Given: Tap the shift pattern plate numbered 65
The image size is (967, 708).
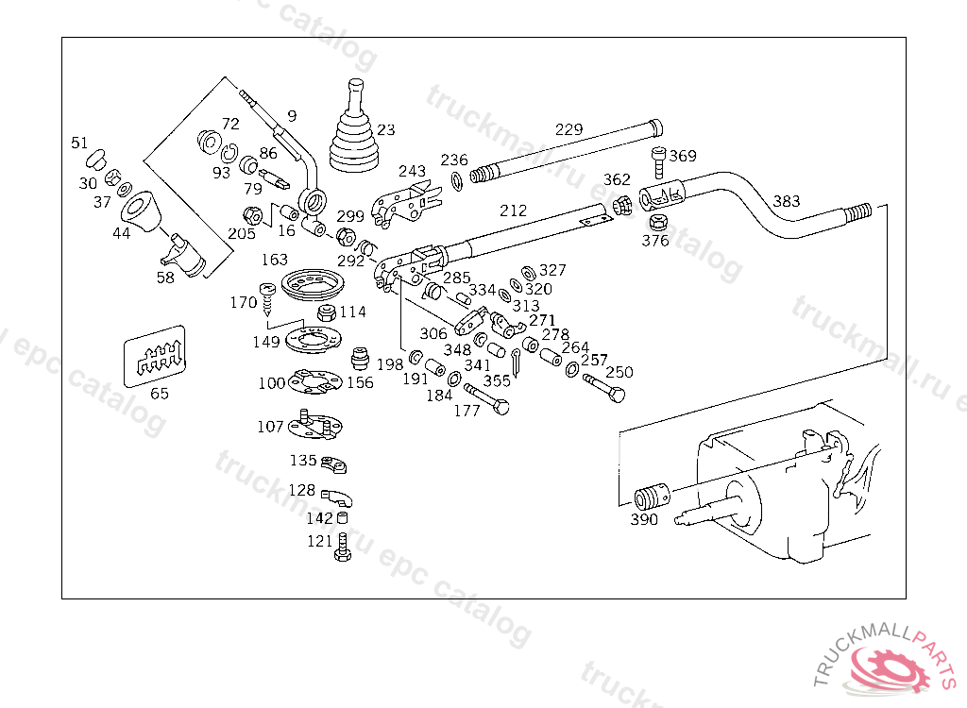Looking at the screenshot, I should click(155, 356).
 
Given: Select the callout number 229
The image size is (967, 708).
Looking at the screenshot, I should click(569, 129).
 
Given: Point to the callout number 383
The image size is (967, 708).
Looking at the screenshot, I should click(786, 201).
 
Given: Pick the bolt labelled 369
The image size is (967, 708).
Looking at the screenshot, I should click(659, 162).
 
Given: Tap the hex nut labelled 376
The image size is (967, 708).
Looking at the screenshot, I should click(659, 224).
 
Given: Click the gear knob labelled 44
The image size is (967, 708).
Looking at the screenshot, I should click(142, 211).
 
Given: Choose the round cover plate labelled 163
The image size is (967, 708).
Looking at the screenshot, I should click(314, 283).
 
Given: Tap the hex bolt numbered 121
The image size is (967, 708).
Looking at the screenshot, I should click(342, 548).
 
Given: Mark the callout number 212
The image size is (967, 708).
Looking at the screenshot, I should click(514, 211).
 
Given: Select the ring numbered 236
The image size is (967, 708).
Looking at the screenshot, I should click(456, 179).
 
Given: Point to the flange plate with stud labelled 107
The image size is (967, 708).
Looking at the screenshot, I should click(313, 426).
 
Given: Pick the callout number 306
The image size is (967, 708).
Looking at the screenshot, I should click(433, 333).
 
